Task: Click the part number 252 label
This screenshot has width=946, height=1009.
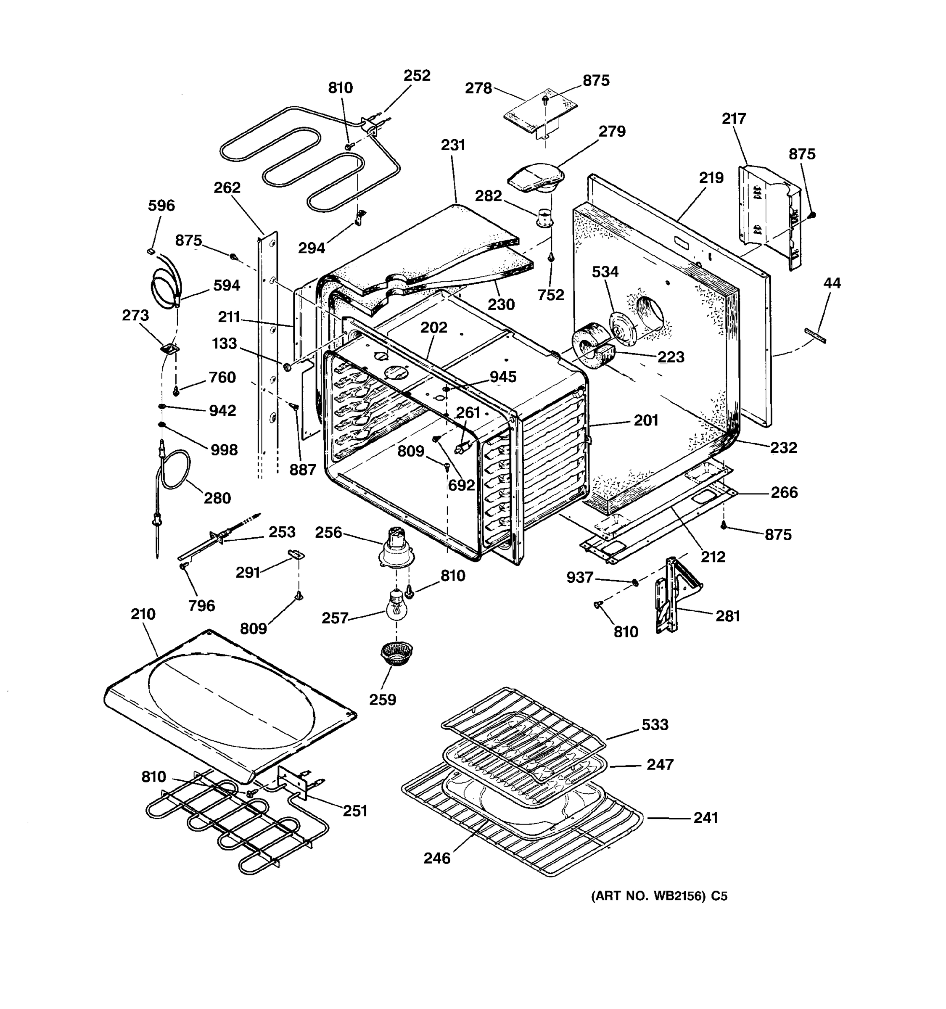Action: [x=417, y=76]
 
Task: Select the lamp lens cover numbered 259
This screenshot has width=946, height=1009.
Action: [x=396, y=653]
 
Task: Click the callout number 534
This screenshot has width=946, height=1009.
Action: [x=605, y=272]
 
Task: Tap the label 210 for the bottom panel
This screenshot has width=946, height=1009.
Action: [x=143, y=614]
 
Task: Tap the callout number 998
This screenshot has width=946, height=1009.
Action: [x=223, y=450]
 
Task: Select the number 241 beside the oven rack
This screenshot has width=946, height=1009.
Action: [x=706, y=818]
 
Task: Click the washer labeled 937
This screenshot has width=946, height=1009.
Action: [x=634, y=582]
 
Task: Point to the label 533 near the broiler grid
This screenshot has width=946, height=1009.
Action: [x=655, y=725]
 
